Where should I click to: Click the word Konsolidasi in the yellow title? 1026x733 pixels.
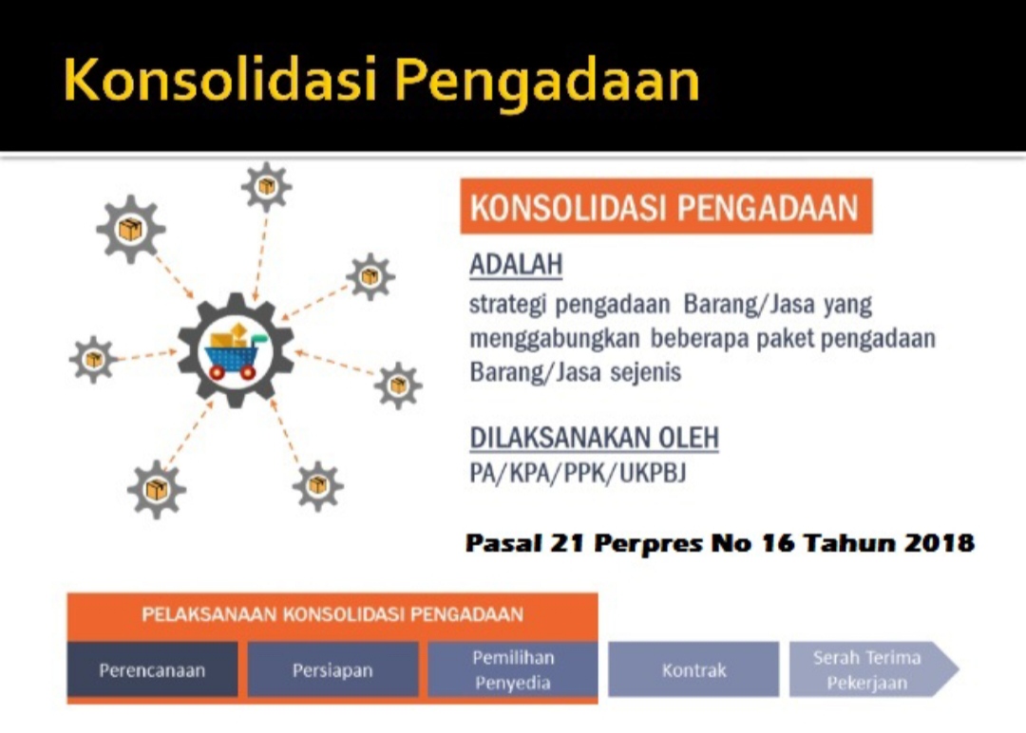coord(220,79)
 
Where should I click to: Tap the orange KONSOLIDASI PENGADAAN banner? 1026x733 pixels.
coord(666,206)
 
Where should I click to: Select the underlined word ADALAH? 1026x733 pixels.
coord(516,265)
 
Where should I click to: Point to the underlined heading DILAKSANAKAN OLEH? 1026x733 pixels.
coord(594,438)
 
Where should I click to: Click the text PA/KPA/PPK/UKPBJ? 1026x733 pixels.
coord(578,473)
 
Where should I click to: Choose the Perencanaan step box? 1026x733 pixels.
coord(152,669)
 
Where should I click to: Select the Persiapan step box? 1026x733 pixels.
coord(332,669)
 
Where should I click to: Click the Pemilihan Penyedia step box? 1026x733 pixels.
coord(513,669)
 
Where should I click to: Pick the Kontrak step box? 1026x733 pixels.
coord(693,669)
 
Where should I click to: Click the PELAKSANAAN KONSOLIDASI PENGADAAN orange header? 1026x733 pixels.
coord(332,615)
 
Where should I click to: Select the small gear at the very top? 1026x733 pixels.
coord(266,187)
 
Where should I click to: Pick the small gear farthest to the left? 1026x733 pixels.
coord(93,359)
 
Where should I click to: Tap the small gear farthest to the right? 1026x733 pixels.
coord(398,385)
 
